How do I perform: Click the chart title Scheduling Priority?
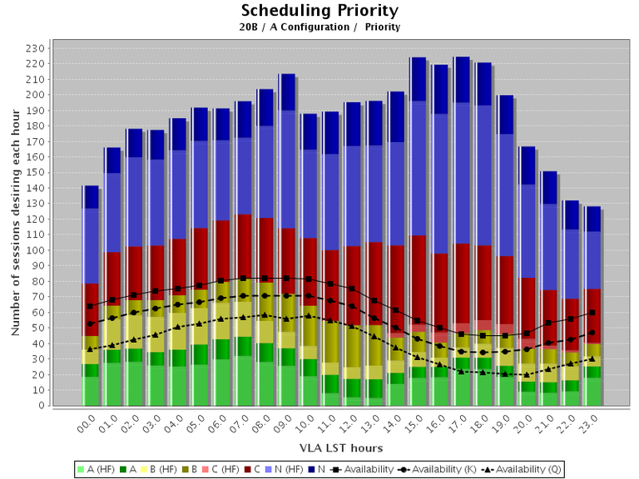(x=319, y=11)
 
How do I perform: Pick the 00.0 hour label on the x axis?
(x=85, y=425)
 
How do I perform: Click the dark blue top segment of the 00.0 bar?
(x=90, y=196)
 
